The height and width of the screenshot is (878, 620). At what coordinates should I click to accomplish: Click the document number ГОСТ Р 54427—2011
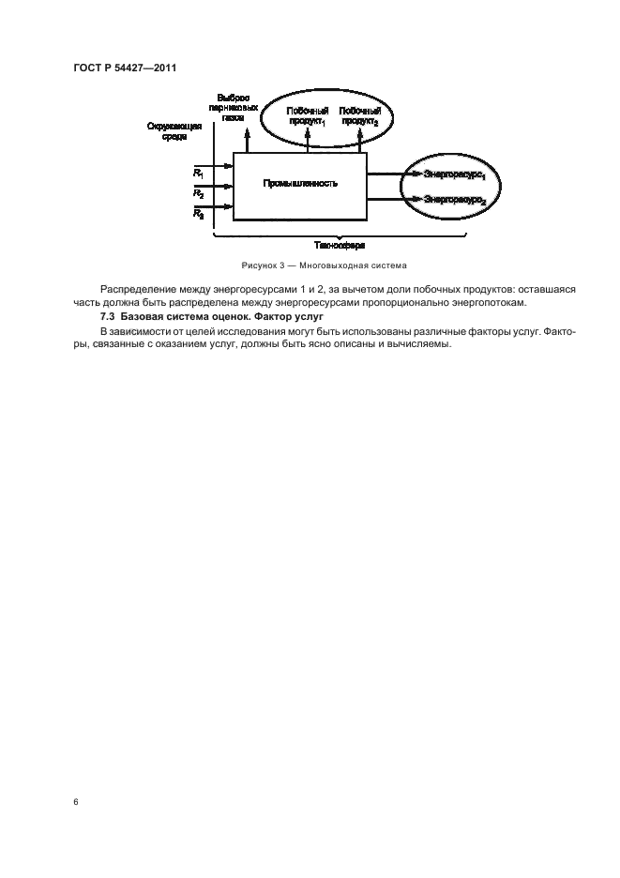[125, 68]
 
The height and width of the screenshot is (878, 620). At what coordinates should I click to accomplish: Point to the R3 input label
[198, 214]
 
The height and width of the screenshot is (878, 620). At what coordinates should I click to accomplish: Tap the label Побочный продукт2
[359, 117]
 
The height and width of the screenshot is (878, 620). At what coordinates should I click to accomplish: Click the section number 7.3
[109, 319]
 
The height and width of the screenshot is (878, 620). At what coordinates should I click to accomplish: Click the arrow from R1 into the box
[223, 167]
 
